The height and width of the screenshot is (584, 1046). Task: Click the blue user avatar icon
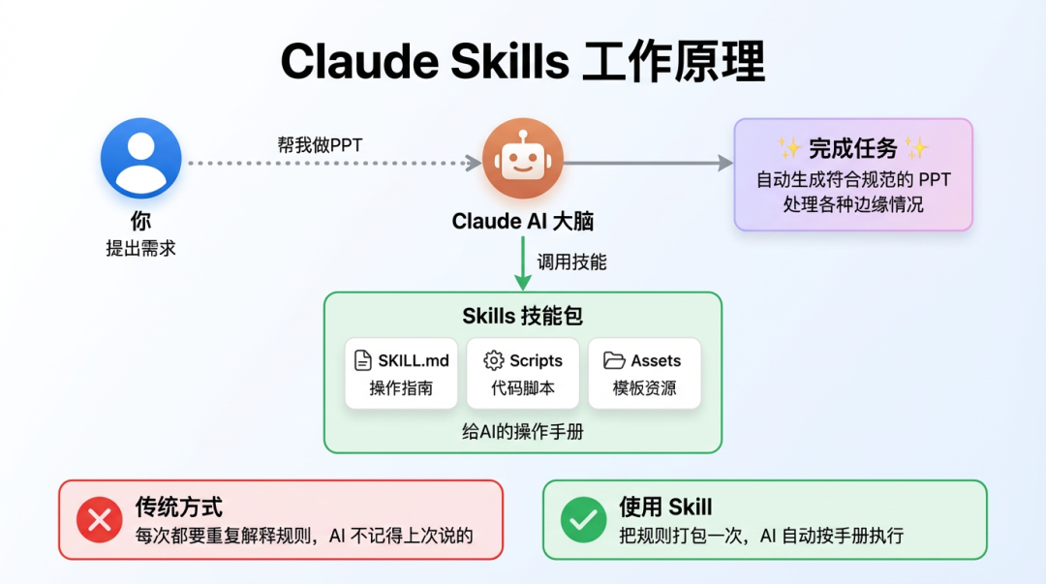tap(141, 158)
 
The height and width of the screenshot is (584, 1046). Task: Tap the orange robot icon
tap(522, 159)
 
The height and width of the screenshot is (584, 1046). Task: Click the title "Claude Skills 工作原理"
tap(522, 62)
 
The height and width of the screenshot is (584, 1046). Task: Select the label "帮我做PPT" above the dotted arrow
tap(320, 145)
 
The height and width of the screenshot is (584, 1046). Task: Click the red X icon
tap(99, 520)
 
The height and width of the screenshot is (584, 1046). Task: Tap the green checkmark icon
tap(583, 520)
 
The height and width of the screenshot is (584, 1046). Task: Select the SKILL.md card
tap(401, 374)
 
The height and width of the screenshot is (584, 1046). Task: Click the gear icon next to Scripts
tap(494, 360)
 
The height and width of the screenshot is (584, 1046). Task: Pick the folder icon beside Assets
tap(614, 360)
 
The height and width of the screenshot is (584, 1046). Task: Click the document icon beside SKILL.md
tap(363, 360)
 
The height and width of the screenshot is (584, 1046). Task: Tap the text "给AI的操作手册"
tap(523, 432)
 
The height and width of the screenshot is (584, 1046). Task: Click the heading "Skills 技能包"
tap(523, 316)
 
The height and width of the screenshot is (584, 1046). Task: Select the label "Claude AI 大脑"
tap(523, 221)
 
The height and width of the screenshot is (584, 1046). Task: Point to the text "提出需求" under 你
tap(141, 248)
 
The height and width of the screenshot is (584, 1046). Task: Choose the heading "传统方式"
tap(178, 507)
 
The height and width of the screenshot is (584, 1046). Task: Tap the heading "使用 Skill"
tap(665, 507)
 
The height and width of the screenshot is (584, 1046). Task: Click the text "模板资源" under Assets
tap(644, 388)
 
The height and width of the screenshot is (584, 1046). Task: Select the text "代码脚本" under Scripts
tap(523, 388)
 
